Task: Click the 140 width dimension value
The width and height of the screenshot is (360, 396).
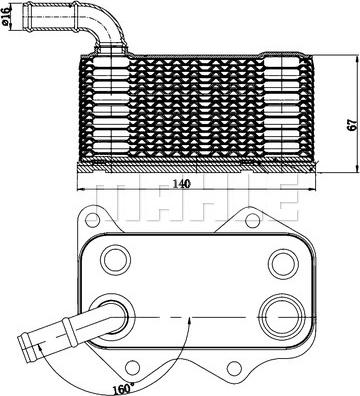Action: (x=181, y=184)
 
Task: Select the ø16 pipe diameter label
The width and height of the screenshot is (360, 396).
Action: (x=6, y=17)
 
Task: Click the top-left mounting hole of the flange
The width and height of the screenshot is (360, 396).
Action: (x=92, y=219)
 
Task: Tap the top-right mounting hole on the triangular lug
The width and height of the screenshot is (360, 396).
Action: (x=253, y=220)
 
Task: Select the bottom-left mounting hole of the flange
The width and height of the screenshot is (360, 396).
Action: (x=133, y=366)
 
